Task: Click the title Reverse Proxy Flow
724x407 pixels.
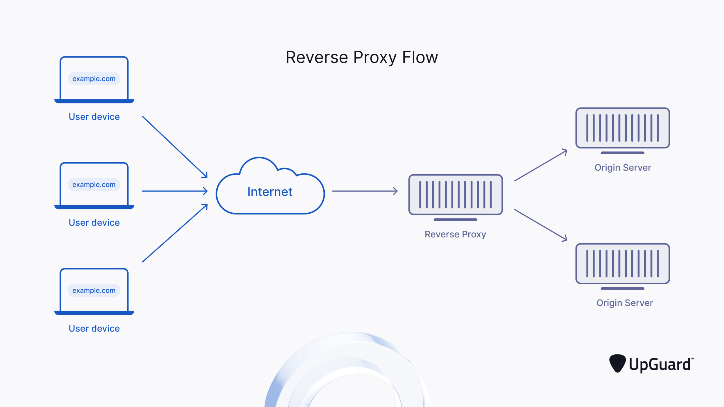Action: [362, 57]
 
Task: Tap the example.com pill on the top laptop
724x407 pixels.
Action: [94, 79]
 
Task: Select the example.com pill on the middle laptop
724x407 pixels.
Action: [94, 185]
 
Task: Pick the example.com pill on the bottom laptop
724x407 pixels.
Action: [94, 291]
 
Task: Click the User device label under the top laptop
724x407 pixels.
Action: [94, 117]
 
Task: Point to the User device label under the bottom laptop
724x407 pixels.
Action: [94, 328]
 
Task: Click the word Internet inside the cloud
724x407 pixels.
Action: [270, 192]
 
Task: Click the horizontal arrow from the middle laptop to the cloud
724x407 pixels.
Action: [175, 191]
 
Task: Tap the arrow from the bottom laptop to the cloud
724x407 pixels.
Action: [175, 233]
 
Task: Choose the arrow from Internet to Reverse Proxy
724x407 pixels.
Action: [365, 191]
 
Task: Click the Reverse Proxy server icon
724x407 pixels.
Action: [455, 195]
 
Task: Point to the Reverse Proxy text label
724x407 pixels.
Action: [455, 234]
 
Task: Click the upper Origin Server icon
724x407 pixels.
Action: [622, 128]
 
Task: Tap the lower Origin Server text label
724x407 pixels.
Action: [625, 303]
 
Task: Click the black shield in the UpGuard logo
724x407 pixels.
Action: [617, 363]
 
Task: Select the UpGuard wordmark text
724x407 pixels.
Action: [660, 365]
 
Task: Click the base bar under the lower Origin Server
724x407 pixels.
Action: [622, 289]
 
